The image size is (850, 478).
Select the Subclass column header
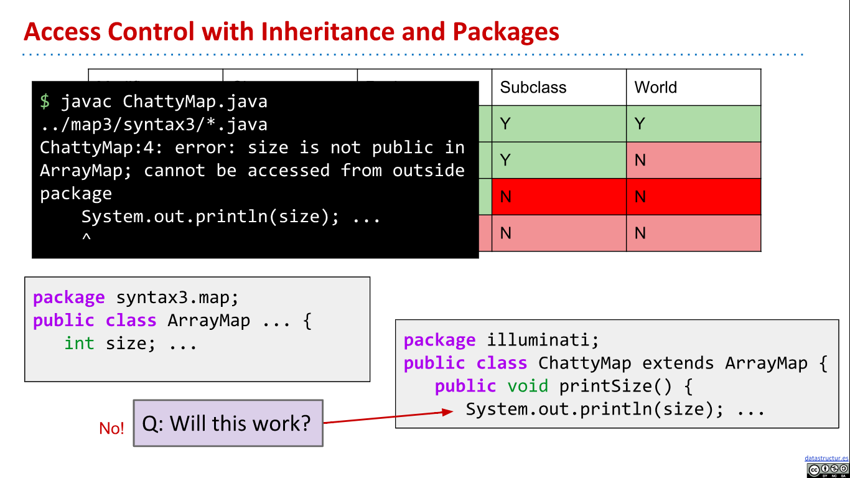(533, 87)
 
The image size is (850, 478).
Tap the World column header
(655, 87)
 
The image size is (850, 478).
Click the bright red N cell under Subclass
(559, 197)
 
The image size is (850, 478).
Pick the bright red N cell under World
(693, 197)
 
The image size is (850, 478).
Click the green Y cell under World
(693, 124)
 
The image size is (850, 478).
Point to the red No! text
(111, 428)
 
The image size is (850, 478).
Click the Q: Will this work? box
(228, 423)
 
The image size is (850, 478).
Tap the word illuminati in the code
(543, 340)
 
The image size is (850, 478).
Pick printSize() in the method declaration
(615, 386)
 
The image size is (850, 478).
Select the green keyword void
(528, 386)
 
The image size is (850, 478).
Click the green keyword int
(79, 343)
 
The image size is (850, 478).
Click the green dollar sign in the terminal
(45, 101)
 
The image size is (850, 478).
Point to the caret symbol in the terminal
(86, 237)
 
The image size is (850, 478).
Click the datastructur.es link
(826, 458)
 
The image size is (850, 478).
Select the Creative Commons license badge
(827, 470)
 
